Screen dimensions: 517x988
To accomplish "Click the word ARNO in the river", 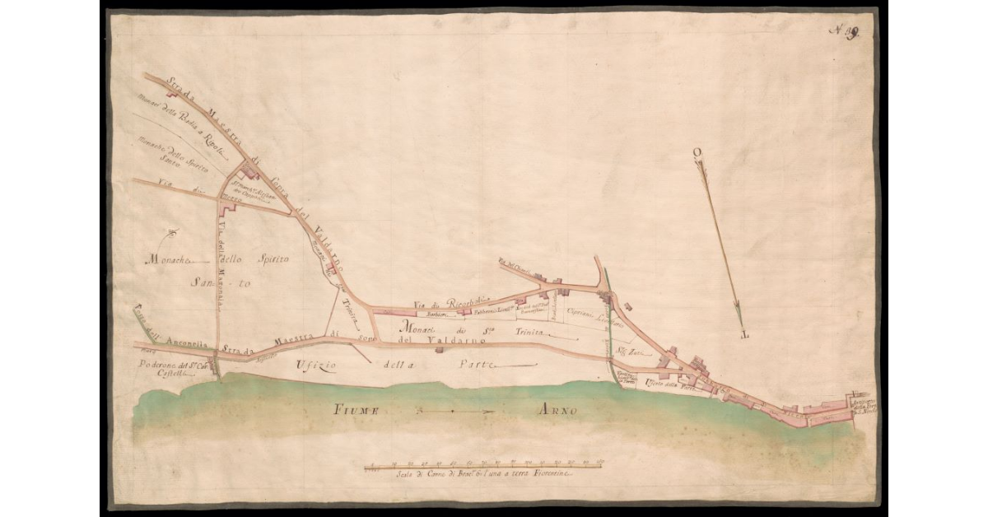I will pos(557,410).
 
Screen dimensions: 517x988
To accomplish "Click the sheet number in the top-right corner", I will pos(843,31).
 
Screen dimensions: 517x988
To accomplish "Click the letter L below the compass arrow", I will pos(745,334).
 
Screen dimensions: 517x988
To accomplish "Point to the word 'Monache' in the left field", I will pos(169,259).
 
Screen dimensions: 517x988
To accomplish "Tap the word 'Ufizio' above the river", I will pos(316,364).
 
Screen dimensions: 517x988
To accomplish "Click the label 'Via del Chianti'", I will pos(512,264).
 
